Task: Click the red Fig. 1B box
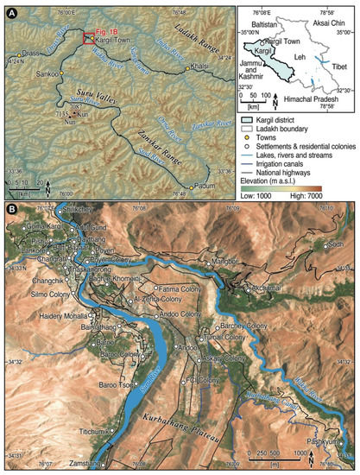[89, 37]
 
